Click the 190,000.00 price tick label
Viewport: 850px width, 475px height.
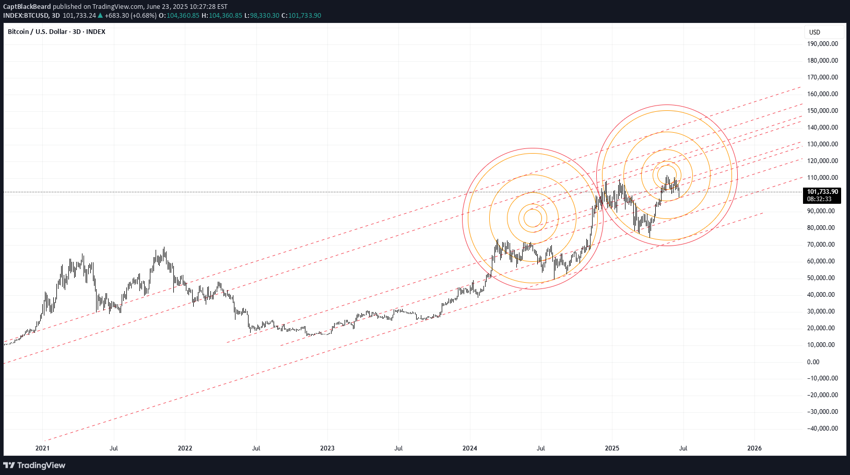click(x=822, y=44)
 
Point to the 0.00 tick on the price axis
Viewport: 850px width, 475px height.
click(x=813, y=362)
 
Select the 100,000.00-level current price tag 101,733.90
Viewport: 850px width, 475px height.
click(x=822, y=192)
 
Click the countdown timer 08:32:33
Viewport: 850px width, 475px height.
click(x=819, y=199)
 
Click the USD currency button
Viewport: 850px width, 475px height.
click(x=814, y=32)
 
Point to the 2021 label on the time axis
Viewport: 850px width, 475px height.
click(x=42, y=448)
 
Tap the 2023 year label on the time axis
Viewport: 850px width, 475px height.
click(x=327, y=448)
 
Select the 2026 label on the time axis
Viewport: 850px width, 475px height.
click(x=754, y=448)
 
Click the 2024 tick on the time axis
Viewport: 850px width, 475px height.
click(x=470, y=448)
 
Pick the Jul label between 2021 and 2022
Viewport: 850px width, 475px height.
click(x=114, y=448)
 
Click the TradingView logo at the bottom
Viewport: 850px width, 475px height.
click(x=34, y=465)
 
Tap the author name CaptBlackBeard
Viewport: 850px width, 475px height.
click(x=27, y=7)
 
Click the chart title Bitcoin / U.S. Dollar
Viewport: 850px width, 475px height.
click(x=38, y=32)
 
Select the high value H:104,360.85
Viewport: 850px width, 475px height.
click(x=222, y=16)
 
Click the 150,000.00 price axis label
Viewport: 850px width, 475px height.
click(x=822, y=111)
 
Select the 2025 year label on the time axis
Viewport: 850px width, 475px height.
click(x=612, y=448)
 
